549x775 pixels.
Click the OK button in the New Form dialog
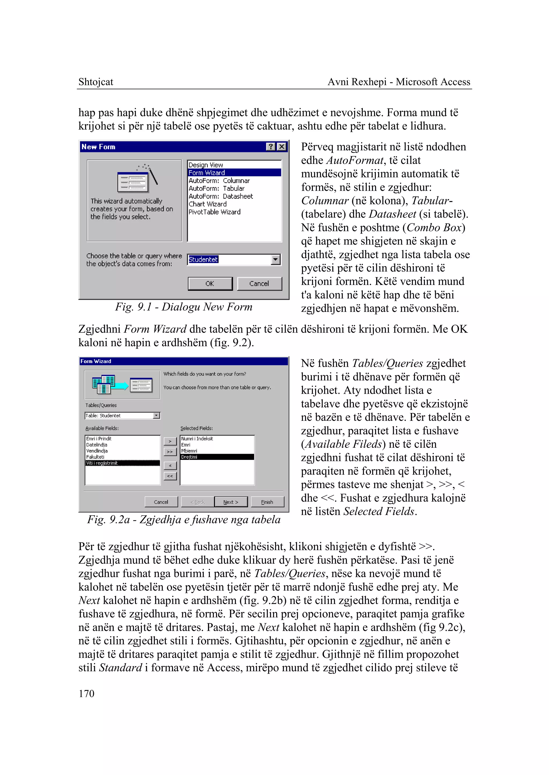210,284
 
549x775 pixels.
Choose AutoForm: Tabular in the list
216,188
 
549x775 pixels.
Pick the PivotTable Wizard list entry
214,212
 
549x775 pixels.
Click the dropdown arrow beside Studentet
276,260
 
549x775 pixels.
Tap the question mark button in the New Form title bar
270,147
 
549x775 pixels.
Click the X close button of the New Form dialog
281,147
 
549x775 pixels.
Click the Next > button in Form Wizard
231,502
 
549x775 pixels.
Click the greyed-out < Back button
197,502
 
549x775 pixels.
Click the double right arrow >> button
170,452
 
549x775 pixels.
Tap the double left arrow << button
170,476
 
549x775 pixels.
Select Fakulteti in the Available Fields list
95,457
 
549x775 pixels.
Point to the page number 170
87,694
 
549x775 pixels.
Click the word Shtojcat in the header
96,82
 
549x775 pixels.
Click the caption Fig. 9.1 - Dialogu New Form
184,307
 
